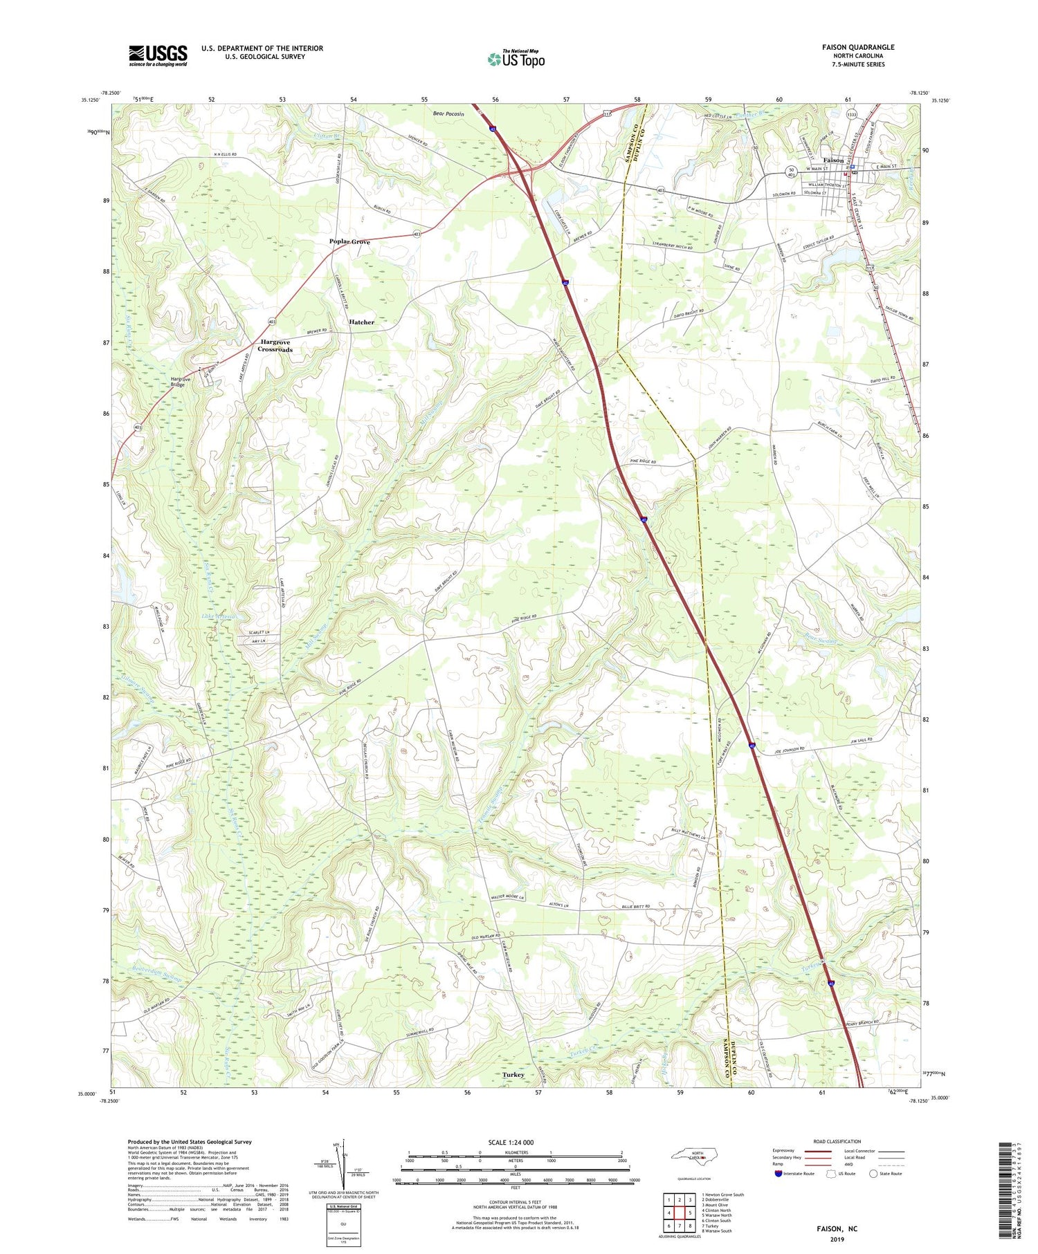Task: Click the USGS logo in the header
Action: click(x=158, y=55)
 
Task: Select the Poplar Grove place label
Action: click(x=349, y=242)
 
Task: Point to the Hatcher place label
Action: click(x=361, y=322)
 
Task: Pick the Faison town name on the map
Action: click(x=833, y=160)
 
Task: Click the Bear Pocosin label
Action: click(x=448, y=113)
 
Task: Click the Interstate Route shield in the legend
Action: click(x=778, y=1173)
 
